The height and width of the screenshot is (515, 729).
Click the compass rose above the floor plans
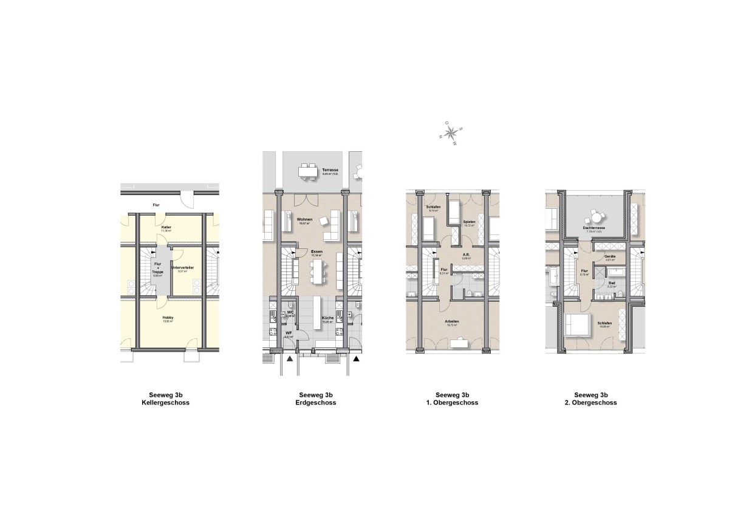pos(451,133)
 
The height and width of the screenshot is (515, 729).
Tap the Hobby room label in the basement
pos(168,318)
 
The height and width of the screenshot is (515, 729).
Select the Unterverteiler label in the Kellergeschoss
pos(182,268)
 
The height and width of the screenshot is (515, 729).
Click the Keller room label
pos(166,227)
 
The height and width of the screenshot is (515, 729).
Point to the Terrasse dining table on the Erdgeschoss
pos(308,172)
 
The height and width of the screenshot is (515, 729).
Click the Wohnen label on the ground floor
pos(305,220)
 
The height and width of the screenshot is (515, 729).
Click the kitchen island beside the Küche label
pos(317,313)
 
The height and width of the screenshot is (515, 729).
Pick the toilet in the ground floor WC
pos(292,305)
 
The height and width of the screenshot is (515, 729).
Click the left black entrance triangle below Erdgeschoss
pos(290,359)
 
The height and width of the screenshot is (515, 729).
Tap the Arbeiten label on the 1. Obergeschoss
pos(451,322)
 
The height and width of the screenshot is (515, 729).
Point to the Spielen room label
pos(468,222)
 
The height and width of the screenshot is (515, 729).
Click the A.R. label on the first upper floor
pos(467,256)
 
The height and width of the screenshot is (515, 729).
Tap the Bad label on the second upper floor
pos(612,284)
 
